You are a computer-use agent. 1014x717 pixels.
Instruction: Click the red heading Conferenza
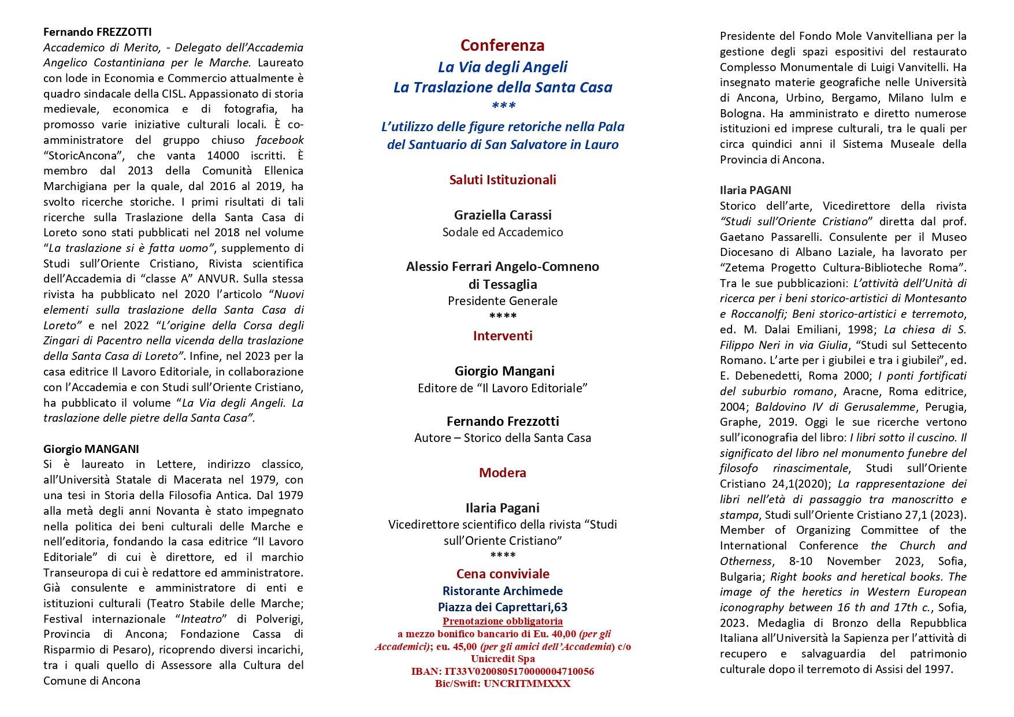pos(502,45)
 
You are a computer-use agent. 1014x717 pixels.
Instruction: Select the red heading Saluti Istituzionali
pos(503,180)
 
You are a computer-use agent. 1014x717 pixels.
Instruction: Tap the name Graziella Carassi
pos(503,215)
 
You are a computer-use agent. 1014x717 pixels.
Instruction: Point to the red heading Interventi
pos(503,336)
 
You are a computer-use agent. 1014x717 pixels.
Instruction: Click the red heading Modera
pos(503,473)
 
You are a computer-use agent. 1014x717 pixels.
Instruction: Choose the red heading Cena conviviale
pos(503,574)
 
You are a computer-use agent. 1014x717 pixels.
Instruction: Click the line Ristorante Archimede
pos(503,591)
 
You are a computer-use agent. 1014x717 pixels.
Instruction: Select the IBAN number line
pos(503,671)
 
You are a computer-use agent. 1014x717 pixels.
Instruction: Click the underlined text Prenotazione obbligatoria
pos(503,622)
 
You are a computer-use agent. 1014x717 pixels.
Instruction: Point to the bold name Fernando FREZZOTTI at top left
pos(97,32)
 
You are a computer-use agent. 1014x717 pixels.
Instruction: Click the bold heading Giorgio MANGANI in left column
pos(91,449)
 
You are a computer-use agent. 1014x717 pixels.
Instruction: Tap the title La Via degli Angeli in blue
pos(503,67)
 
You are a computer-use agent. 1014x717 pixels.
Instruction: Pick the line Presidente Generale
pos(503,301)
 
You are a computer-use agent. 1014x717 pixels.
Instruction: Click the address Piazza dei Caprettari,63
pos(503,607)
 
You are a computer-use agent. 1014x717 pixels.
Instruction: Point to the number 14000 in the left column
pos(223,155)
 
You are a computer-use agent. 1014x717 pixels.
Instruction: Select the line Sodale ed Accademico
pos(503,232)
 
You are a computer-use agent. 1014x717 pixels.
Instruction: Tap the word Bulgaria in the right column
pos(741,577)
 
